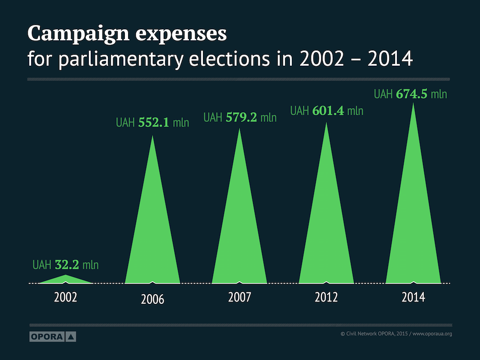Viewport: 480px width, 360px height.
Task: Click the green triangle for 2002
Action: click(x=66, y=279)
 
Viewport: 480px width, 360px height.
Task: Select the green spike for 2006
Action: click(x=153, y=240)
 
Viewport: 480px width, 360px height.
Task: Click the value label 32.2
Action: click(x=66, y=264)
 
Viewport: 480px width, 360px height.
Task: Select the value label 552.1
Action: click(x=153, y=122)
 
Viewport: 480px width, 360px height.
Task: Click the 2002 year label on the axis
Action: click(x=66, y=297)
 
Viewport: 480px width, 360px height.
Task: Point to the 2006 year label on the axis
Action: click(x=153, y=300)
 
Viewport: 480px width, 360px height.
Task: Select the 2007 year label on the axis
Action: click(x=240, y=297)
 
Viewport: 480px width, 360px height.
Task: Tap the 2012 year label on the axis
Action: click(x=326, y=297)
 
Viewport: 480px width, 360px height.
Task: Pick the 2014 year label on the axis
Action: click(x=413, y=297)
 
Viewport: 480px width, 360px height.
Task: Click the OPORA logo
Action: click(x=52, y=337)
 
